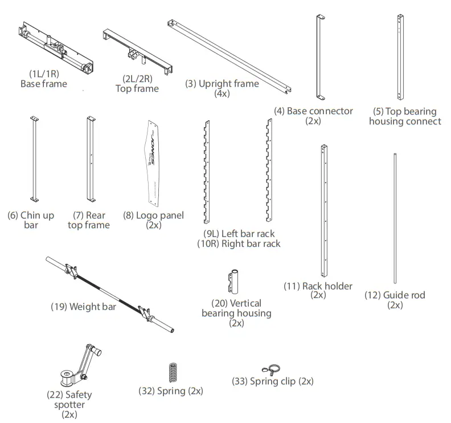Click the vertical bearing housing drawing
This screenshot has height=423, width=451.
[234, 282]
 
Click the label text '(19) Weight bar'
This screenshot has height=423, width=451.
[83, 307]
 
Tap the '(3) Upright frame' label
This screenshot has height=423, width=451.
[222, 84]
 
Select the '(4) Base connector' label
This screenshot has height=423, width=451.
[313, 111]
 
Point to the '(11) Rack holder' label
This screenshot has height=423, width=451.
[318, 286]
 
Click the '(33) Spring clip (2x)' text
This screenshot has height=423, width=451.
[272, 381]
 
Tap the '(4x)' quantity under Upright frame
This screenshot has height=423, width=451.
[222, 93]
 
